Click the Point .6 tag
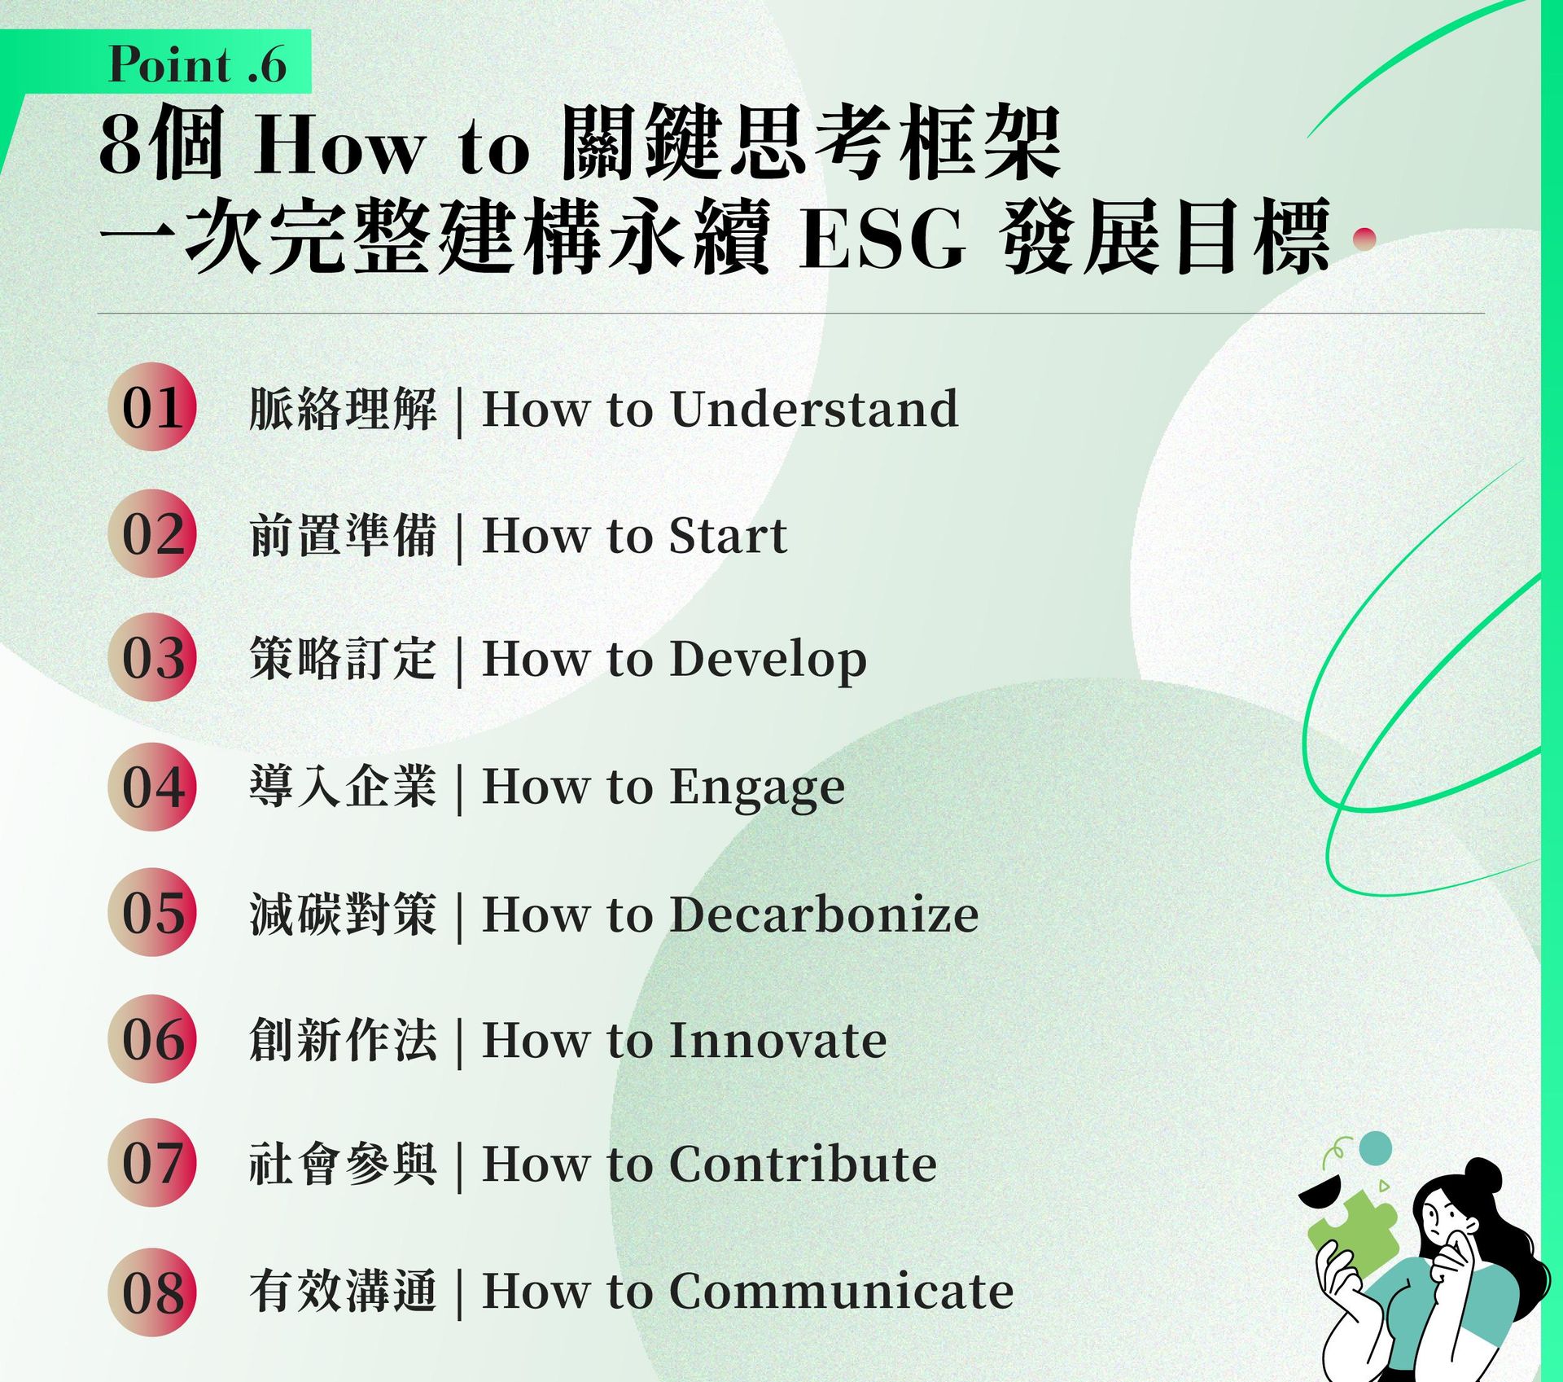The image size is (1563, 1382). [155, 63]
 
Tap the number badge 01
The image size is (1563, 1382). [152, 407]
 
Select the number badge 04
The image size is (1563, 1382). [152, 787]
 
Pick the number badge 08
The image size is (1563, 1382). [152, 1292]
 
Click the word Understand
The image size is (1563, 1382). [814, 408]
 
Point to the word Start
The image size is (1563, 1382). [728, 536]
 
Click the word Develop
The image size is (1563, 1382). [768, 661]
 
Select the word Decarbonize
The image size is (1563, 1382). [824, 914]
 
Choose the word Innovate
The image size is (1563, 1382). [778, 1041]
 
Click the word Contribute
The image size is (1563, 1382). [803, 1164]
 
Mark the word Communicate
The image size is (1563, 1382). [842, 1292]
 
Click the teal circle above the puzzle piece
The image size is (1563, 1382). [1376, 1147]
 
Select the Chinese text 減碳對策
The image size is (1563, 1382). [343, 914]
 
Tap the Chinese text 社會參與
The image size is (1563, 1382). [343, 1164]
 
